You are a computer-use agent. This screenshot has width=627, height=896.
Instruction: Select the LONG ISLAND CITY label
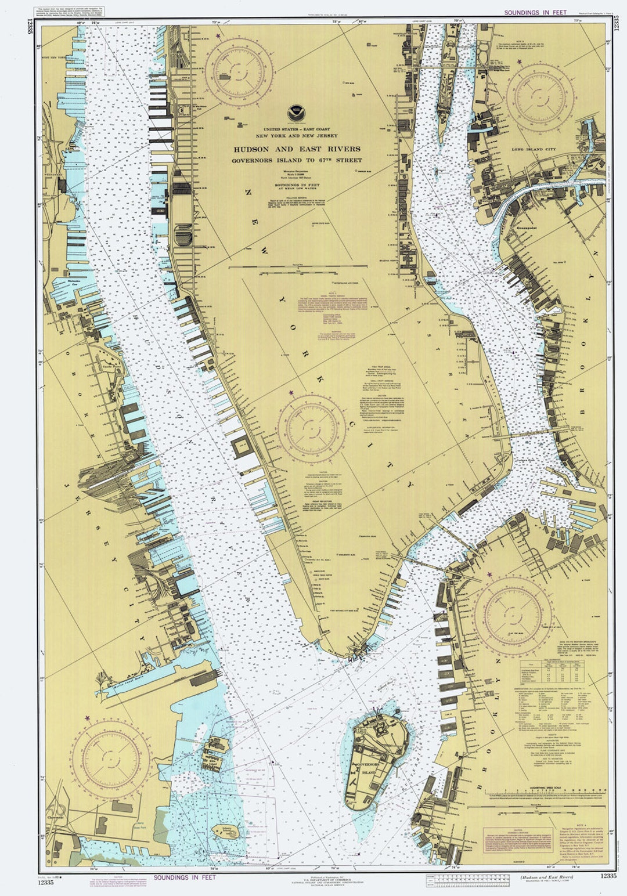tap(533, 149)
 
